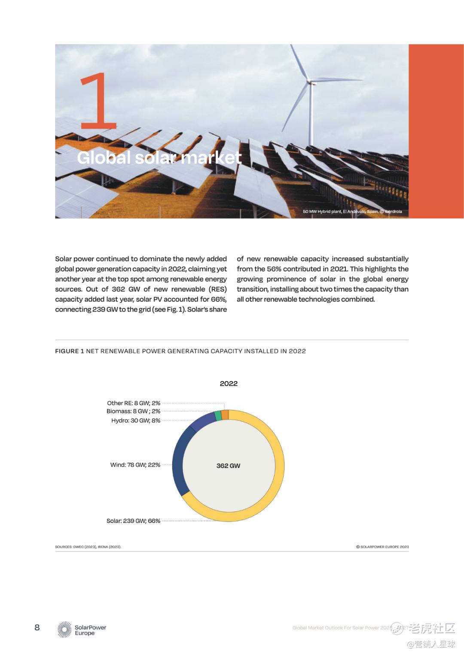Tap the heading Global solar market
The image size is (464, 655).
click(159, 157)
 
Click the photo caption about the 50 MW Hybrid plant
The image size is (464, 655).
click(352, 211)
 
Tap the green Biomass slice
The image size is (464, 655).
click(218, 415)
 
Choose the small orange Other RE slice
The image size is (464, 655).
click(225, 414)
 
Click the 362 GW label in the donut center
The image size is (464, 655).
click(228, 466)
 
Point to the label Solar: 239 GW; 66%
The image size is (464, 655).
click(133, 521)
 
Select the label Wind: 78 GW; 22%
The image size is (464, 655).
click(135, 465)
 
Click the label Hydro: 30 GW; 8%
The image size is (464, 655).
click(135, 420)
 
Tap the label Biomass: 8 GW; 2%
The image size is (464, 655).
click(133, 411)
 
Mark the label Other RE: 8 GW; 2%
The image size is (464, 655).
click(133, 403)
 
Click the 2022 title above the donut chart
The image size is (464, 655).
click(229, 383)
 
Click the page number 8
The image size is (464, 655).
click(37, 628)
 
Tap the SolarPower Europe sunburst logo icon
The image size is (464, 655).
click(64, 630)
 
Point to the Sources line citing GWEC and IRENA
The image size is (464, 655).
click(88, 547)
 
